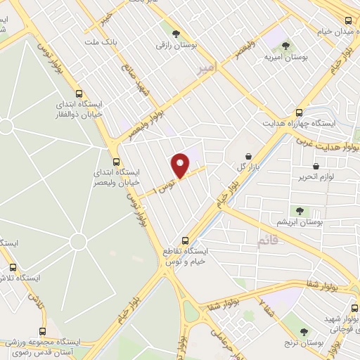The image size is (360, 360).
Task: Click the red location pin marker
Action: tap(181, 166)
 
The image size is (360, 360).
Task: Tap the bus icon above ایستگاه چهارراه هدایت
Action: tap(300, 112)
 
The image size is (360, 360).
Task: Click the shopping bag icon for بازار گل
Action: tap(248, 156)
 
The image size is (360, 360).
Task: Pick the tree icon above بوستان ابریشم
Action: tap(300, 210)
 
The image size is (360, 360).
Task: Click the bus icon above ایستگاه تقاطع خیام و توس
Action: tap(185, 240)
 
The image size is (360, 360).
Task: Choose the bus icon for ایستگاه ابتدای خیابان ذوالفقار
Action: tap(78, 94)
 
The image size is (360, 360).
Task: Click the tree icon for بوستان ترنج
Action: tap(304, 331)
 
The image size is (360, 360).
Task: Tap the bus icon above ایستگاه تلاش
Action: tap(12, 266)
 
